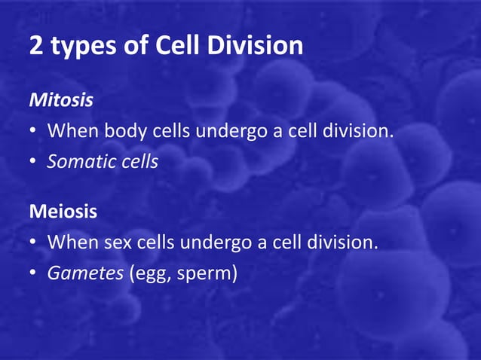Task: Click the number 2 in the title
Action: (36, 46)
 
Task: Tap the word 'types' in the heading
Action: (78, 47)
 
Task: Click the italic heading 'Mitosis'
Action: (61, 99)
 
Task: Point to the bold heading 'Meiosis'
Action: (63, 212)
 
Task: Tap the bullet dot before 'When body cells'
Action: (34, 131)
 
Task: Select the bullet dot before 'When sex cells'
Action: (34, 243)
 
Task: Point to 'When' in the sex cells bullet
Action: (70, 243)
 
